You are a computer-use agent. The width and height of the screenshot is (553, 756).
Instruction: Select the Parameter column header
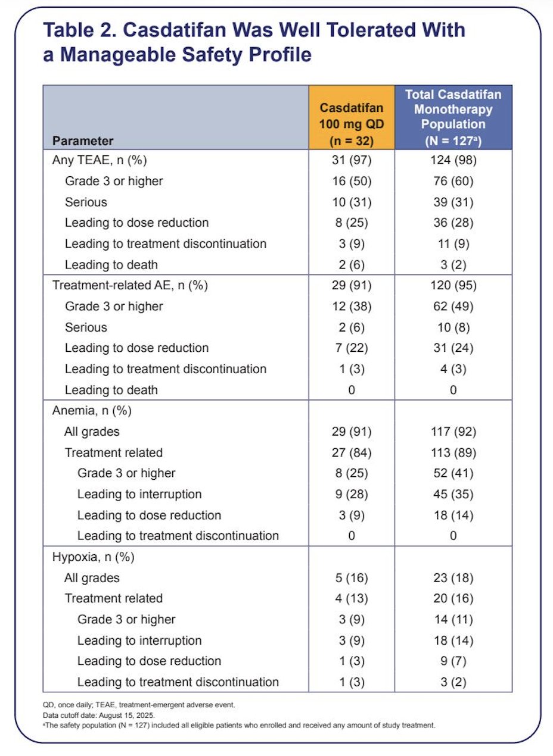click(x=83, y=140)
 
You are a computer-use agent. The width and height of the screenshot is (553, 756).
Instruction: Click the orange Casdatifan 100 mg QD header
click(x=352, y=124)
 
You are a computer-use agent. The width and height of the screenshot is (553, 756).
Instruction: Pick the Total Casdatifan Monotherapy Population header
click(x=453, y=117)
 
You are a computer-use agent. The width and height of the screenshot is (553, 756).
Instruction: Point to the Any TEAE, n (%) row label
click(x=100, y=160)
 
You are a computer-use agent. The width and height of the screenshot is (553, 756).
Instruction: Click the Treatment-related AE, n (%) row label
click(x=130, y=286)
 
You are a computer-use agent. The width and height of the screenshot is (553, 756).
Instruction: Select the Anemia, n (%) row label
click(x=92, y=411)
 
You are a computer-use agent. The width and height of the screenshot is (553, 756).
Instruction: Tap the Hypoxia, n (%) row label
click(x=93, y=557)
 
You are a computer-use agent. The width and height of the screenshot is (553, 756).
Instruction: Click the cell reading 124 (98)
click(x=453, y=160)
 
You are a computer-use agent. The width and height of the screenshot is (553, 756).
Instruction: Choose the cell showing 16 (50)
click(x=352, y=181)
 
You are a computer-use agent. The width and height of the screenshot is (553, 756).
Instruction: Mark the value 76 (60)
click(x=453, y=181)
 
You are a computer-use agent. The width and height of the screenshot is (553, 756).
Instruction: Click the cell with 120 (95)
click(x=453, y=286)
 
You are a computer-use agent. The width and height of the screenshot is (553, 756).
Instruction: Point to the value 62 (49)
click(x=453, y=307)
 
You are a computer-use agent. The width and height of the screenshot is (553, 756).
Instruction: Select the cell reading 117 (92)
click(x=453, y=432)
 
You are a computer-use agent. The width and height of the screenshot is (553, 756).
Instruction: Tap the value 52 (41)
click(x=453, y=473)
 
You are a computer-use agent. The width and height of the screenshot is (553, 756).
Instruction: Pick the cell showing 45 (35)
click(x=453, y=495)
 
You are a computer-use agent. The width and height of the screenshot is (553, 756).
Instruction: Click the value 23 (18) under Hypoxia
click(x=453, y=578)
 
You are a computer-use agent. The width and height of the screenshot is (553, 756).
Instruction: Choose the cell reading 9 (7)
click(x=453, y=661)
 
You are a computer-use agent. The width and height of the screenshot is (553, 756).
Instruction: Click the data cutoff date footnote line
click(x=99, y=715)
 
